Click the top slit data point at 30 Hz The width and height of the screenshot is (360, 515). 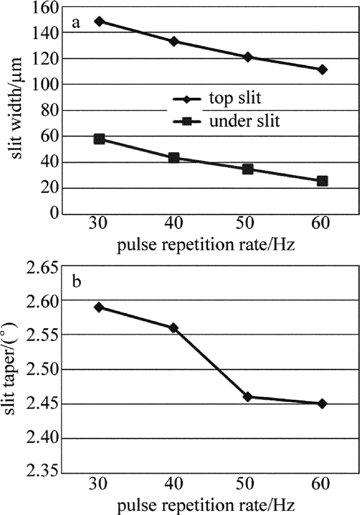[x=99, y=21]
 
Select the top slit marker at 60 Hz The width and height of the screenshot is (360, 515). [x=322, y=69]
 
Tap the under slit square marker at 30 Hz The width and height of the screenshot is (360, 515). [x=99, y=139]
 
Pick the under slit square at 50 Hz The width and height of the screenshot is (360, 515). [x=248, y=169]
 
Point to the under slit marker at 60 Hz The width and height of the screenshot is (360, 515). [x=322, y=181]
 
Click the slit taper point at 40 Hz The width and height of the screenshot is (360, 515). [x=173, y=328]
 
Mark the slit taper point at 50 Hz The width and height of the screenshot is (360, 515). [x=248, y=397]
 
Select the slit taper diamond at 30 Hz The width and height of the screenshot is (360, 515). [x=99, y=307]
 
